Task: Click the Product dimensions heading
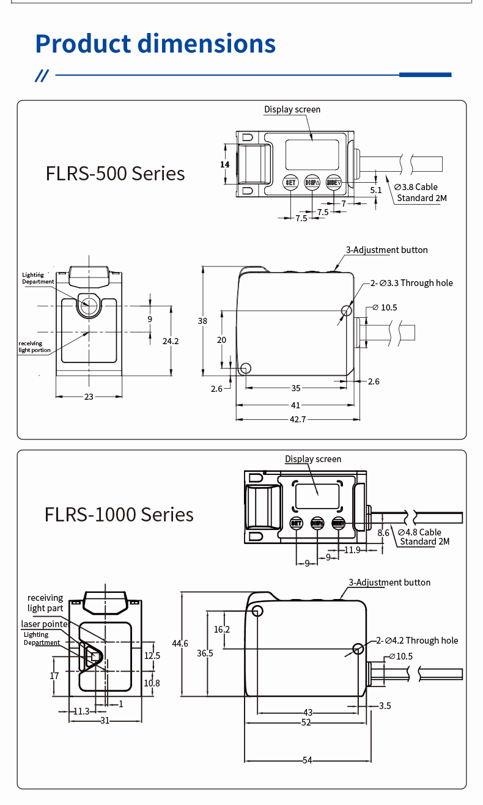(x=155, y=44)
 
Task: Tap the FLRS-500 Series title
(x=115, y=174)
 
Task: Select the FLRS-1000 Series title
(x=119, y=514)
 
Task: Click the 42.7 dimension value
(x=298, y=419)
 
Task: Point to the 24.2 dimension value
(x=171, y=341)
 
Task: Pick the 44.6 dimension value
(x=180, y=643)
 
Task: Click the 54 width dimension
(x=307, y=760)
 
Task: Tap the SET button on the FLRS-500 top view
(x=290, y=182)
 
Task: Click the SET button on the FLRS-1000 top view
(x=296, y=523)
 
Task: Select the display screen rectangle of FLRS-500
(x=312, y=155)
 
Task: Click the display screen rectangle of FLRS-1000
(x=317, y=496)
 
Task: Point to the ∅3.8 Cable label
(x=416, y=187)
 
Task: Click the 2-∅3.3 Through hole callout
(x=411, y=283)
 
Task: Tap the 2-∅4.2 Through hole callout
(x=416, y=641)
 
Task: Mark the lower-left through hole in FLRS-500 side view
(x=246, y=368)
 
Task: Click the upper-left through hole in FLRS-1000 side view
(x=257, y=611)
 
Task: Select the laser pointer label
(x=44, y=624)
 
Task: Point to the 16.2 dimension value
(x=222, y=629)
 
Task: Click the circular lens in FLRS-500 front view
(x=89, y=304)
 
